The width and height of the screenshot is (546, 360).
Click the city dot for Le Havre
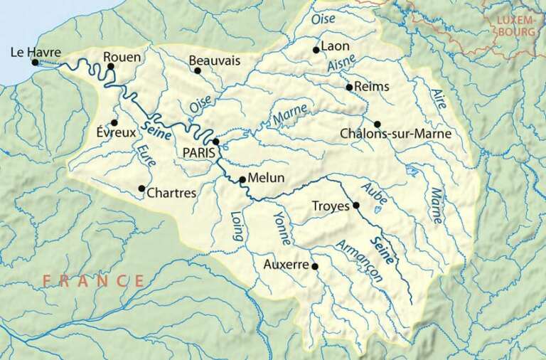coord(35,63)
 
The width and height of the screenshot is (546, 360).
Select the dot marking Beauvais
coord(198,70)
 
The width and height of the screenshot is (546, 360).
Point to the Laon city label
coord(336,46)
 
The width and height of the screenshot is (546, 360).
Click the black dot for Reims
coord(349,88)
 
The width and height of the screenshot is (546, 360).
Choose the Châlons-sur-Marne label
coord(395,134)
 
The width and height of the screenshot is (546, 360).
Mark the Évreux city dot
coord(114,122)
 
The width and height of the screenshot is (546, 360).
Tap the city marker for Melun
coord(242,179)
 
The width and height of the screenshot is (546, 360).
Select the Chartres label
coord(171,192)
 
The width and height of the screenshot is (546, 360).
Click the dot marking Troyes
coord(356,206)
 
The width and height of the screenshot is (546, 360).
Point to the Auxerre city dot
coord(315,267)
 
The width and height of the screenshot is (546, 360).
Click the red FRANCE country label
coord(93,280)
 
